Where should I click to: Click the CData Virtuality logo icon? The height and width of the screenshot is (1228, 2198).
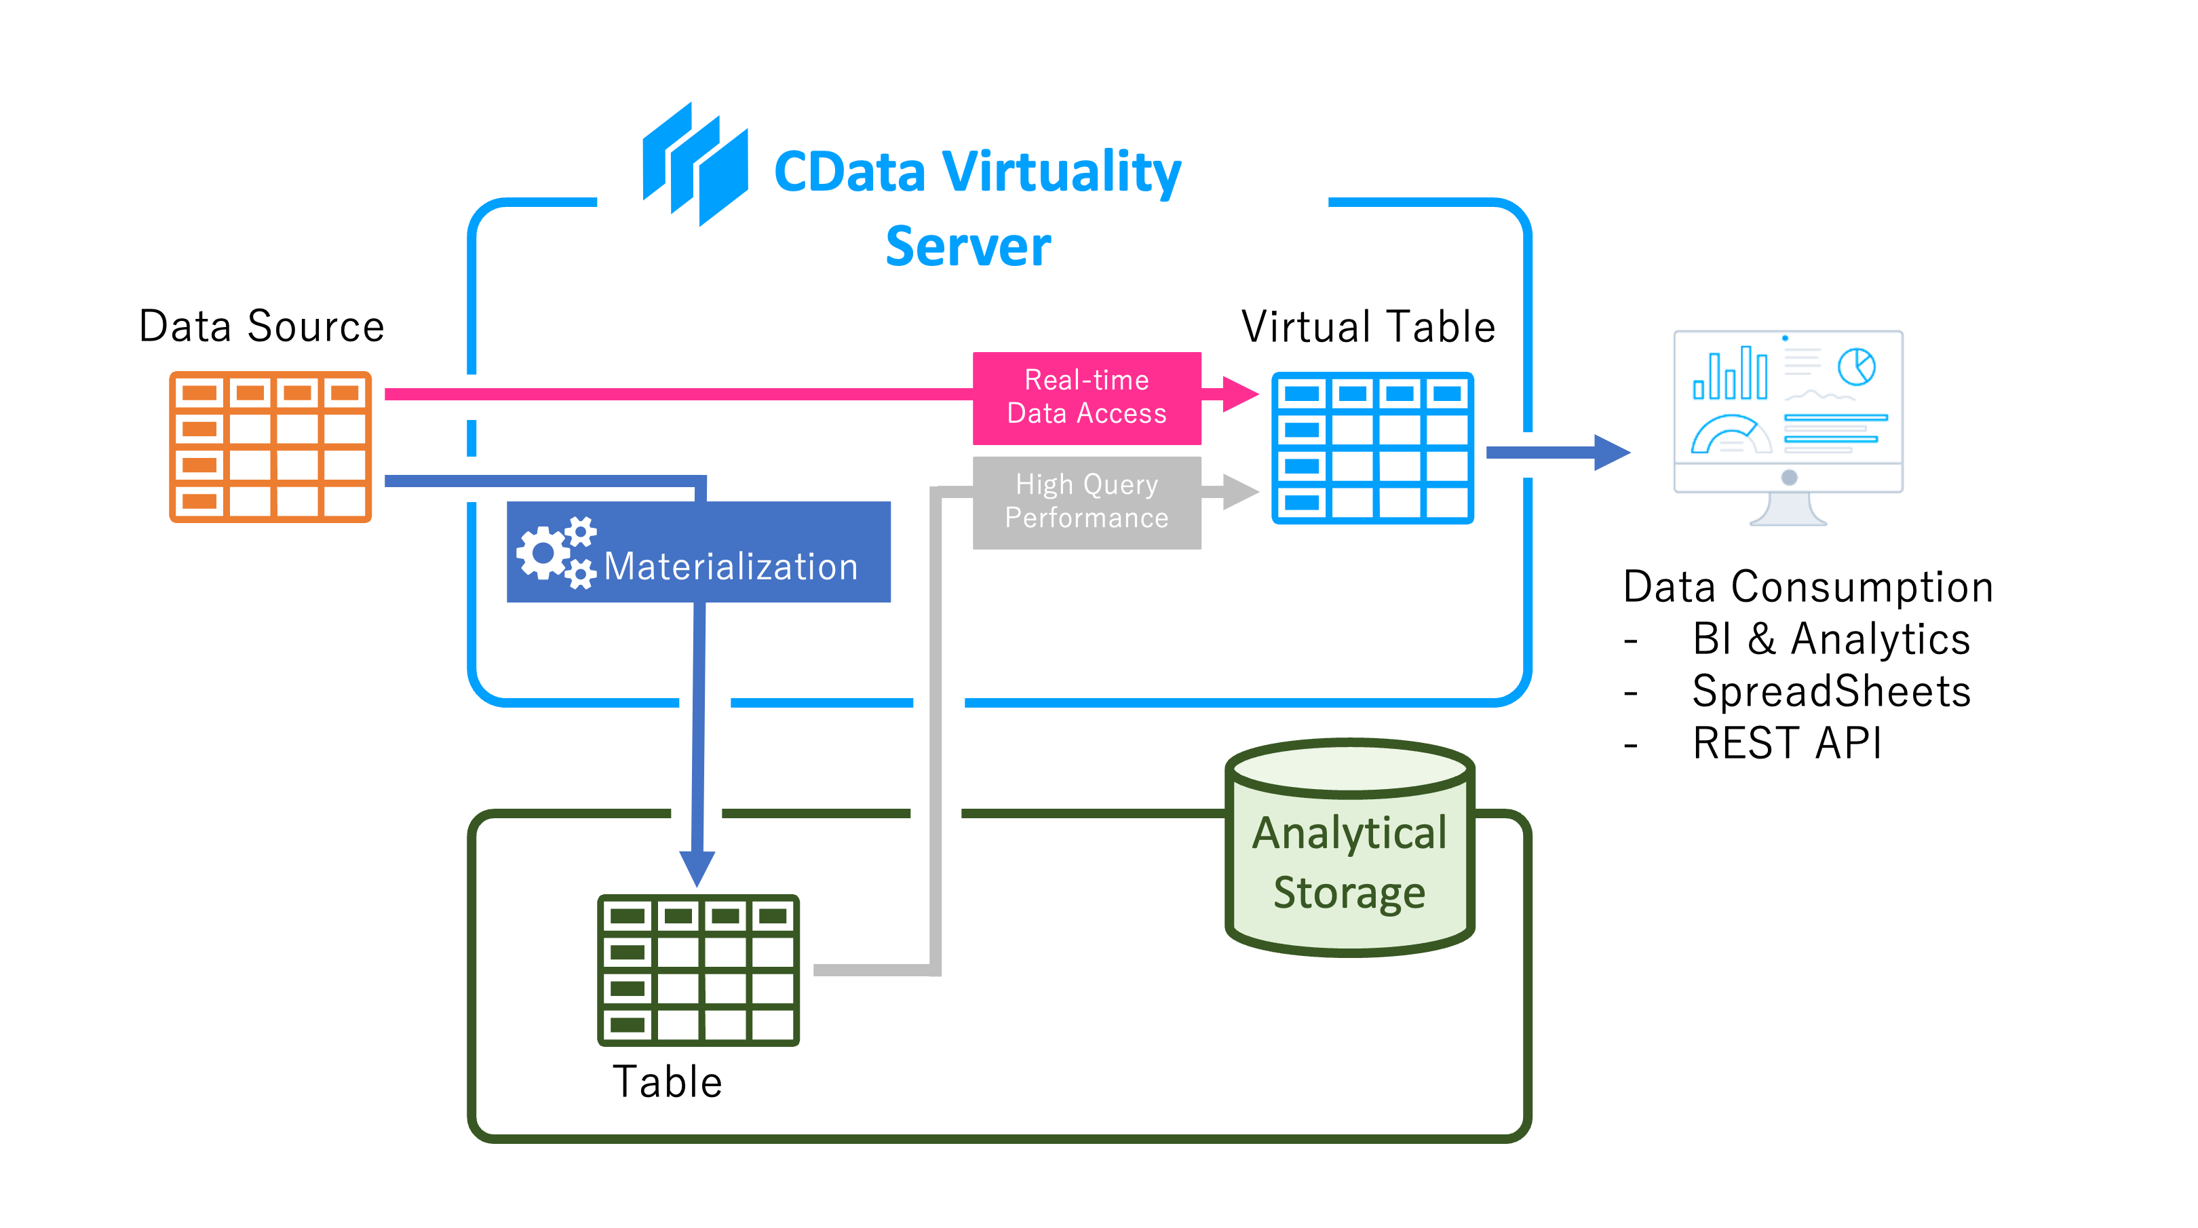[695, 164]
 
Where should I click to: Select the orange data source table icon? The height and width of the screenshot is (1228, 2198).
[271, 446]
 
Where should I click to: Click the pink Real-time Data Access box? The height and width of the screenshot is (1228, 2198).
[1086, 398]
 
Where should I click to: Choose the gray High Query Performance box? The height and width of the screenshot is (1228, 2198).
[1086, 502]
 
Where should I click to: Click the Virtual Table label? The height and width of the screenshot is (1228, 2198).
[1368, 327]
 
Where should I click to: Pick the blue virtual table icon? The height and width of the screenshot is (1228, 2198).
[1372, 447]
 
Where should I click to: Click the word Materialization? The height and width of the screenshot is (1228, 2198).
[731, 567]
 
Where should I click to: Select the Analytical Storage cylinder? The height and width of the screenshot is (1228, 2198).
[1350, 849]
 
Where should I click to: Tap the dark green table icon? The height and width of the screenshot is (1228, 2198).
[698, 970]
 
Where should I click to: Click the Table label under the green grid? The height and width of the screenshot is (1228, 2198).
[668, 1082]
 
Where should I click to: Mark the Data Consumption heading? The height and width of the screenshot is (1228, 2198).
[1807, 587]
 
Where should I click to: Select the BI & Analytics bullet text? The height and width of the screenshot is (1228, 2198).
[1831, 639]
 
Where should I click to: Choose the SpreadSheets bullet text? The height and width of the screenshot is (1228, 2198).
[1831, 691]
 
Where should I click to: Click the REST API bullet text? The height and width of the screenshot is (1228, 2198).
[1787, 744]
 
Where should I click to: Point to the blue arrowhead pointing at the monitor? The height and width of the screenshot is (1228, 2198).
[1612, 453]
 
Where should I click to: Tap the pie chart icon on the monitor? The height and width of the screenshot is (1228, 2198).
[1856, 367]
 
